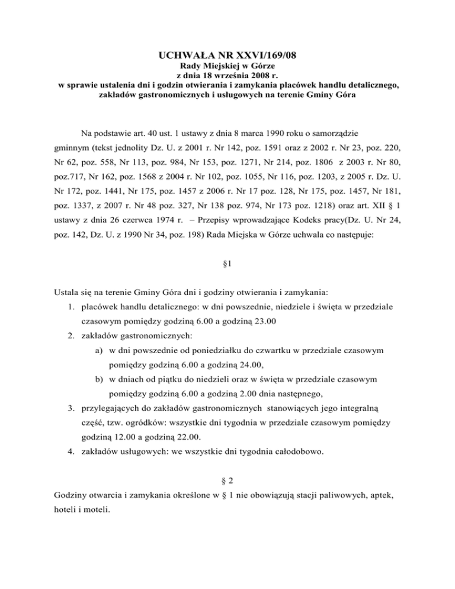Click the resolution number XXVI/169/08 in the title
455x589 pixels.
coord(255,57)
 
